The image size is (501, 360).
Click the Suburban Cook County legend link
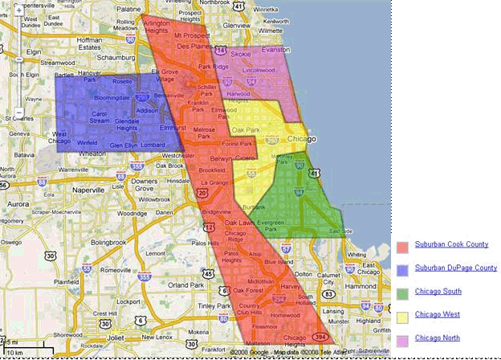[x=451, y=244]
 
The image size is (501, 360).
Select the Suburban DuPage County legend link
[x=455, y=268]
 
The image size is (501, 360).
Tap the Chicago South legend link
[x=438, y=292]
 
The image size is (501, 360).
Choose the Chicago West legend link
[x=437, y=316]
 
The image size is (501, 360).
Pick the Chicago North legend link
[x=438, y=340]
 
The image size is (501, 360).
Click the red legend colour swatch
[x=402, y=245]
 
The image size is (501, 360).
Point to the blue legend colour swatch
[x=402, y=269]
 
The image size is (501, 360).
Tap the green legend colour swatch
[x=402, y=293]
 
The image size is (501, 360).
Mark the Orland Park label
[x=185, y=285]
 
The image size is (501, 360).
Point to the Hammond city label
[x=360, y=285]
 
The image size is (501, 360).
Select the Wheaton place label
[x=93, y=153]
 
